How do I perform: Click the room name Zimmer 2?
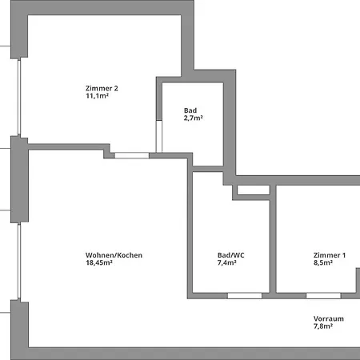102,88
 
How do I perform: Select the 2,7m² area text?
193,118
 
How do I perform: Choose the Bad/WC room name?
231,255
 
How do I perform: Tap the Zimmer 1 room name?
330,255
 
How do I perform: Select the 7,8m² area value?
329,326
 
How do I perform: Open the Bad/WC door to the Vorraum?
245,296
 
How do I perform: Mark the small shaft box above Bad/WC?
254,190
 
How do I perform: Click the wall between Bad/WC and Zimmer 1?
272,240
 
